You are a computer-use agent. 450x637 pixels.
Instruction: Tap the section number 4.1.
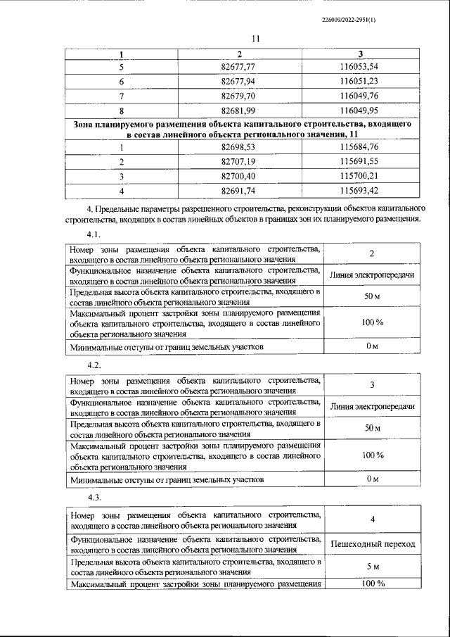coord(94,233)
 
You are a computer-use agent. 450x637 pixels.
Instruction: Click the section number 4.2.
coord(94,366)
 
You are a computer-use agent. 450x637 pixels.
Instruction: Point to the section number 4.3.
coord(94,498)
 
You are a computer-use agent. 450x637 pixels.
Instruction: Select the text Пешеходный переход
coord(373,544)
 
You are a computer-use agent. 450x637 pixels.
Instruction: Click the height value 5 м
coord(373,567)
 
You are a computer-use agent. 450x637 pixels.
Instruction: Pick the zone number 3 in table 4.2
coord(373,384)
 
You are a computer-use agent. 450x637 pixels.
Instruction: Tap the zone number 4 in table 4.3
coord(373,519)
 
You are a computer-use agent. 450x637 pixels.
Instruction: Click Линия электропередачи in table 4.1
coord(373,274)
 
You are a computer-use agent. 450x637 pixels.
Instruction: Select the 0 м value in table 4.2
coord(373,480)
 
